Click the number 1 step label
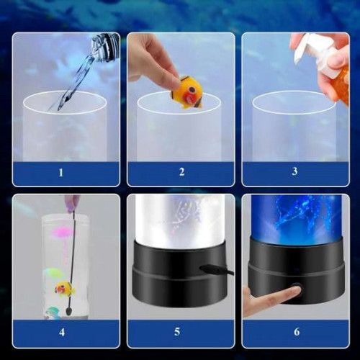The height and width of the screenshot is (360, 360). click(x=61, y=172)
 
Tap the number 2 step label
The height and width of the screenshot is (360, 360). click(x=181, y=172)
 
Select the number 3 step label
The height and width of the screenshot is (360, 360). click(x=294, y=171)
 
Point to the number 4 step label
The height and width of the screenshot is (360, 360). click(x=62, y=332)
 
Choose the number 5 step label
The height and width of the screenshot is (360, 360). click(x=177, y=332)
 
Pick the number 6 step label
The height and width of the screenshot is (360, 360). click(x=297, y=332)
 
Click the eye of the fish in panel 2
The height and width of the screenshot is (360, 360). click(x=192, y=91)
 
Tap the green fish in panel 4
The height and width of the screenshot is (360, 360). click(x=52, y=274)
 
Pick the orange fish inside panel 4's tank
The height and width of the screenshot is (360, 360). click(x=65, y=288)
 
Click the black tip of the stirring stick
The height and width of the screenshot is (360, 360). click(x=68, y=312)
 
